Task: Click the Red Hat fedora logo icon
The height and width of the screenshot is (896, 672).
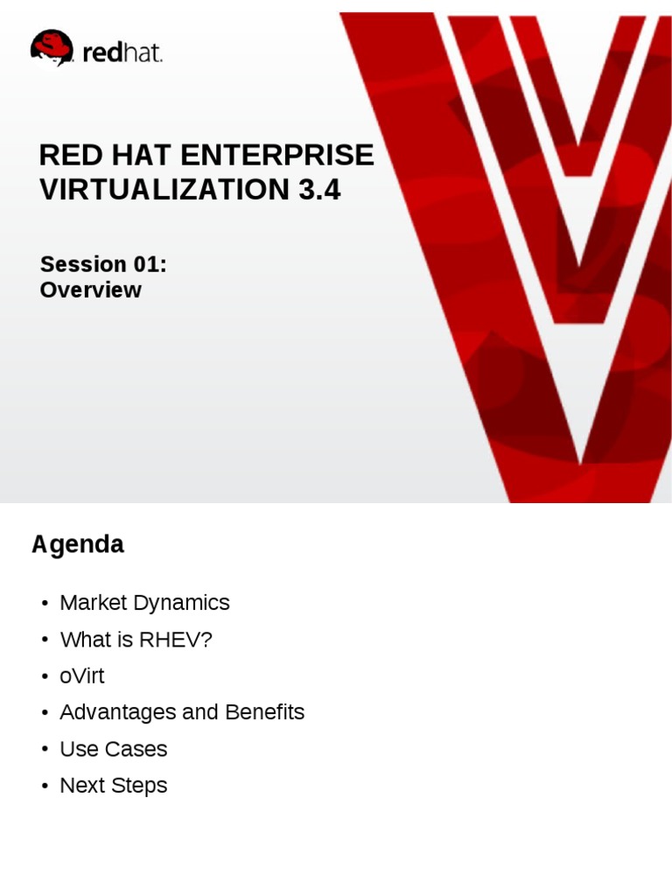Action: coord(52,48)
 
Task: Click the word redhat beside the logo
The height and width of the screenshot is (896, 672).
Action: coord(122,53)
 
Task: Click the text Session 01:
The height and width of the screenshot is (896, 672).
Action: coord(103,264)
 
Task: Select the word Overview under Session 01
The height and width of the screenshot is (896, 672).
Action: coord(90,290)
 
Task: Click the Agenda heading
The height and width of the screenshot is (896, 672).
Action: coord(78,544)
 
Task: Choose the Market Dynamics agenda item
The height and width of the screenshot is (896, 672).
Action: coord(144,603)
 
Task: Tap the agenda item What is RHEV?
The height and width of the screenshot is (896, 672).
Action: coord(136,640)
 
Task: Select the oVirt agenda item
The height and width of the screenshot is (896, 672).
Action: coord(81,676)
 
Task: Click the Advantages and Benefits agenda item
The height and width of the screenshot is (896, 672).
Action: coord(182,712)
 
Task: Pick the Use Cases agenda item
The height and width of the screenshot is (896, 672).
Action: coord(113,749)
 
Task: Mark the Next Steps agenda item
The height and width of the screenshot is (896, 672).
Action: coord(113,786)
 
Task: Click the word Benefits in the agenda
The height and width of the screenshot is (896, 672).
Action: coord(264,712)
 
